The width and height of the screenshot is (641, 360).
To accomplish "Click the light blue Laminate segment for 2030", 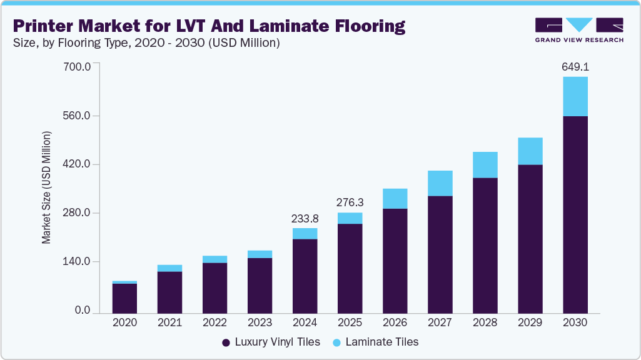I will (x=575, y=96).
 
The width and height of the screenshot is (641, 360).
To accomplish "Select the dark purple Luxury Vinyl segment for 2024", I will (x=305, y=276).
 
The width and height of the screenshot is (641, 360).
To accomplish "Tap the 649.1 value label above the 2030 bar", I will (x=575, y=66).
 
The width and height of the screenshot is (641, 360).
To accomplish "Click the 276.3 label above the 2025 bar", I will (x=350, y=202).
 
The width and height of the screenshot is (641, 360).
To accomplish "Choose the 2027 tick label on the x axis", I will (x=440, y=323).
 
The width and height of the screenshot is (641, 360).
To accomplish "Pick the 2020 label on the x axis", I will (x=124, y=323).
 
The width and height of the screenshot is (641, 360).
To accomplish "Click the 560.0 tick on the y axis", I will (x=79, y=116).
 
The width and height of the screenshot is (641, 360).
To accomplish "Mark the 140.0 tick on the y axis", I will (x=79, y=261).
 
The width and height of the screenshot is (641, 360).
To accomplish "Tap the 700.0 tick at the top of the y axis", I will (x=79, y=66).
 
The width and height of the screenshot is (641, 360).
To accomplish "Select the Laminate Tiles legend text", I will (x=381, y=342).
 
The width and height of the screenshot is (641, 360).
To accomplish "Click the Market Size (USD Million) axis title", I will (x=47, y=188).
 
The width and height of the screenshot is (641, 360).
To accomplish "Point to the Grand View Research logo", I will (x=578, y=29).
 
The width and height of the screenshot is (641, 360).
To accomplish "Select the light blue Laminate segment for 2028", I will (x=485, y=165).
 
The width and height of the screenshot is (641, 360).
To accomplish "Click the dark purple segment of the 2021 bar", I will (x=169, y=292).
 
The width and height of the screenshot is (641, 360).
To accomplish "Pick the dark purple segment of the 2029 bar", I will (x=530, y=239).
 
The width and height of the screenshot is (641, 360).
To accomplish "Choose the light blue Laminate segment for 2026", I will (x=395, y=198).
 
